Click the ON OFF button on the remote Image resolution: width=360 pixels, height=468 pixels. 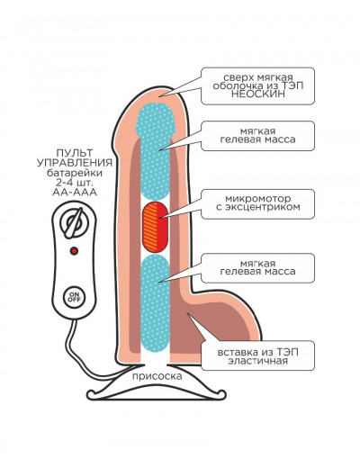(74, 297)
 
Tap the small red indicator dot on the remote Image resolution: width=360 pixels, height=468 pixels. (74, 250)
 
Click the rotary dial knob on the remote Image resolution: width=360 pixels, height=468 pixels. (74, 222)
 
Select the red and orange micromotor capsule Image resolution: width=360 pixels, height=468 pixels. (155, 227)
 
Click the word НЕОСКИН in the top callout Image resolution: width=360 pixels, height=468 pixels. (257, 94)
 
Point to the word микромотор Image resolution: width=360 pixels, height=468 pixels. (257, 199)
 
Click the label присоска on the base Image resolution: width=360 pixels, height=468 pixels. (157, 376)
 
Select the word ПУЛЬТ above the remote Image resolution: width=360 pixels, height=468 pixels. (75, 153)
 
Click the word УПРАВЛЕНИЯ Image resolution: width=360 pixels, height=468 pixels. (75, 163)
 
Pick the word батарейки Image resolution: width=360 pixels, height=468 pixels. (75, 173)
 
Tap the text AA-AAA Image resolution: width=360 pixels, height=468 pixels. (75, 193)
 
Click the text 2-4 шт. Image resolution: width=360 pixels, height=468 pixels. (75, 183)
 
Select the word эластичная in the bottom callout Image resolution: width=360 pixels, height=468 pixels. (257, 360)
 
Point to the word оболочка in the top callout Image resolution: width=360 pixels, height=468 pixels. (235, 85)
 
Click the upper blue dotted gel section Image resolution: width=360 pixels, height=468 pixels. (155, 151)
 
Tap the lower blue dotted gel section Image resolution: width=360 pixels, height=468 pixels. (155, 303)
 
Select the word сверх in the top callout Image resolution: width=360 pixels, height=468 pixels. (238, 77)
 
